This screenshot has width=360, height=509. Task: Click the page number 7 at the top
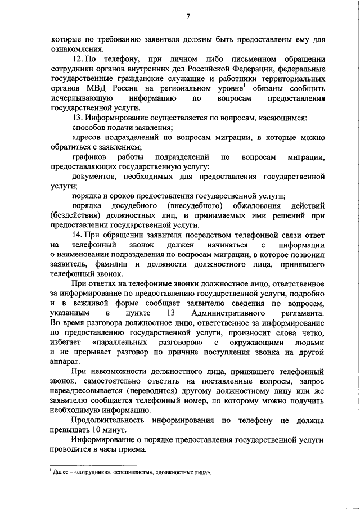pyautogui.click(x=189, y=16)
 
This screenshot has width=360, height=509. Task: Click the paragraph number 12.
pyautogui.click(x=78, y=59)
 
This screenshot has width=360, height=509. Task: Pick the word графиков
pyautogui.click(x=88, y=156)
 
